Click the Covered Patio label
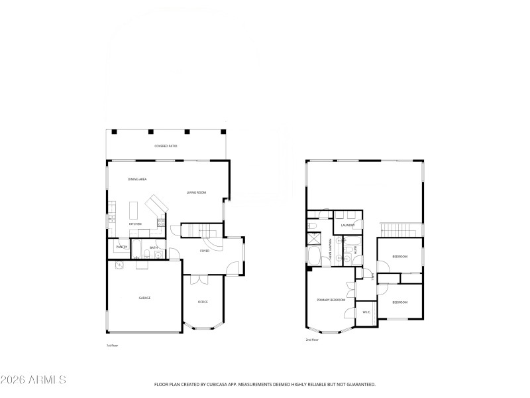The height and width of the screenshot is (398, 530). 166,146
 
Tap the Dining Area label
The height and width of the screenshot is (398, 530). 137,180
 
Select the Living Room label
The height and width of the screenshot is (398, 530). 196,192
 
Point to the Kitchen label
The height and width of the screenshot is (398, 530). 135,224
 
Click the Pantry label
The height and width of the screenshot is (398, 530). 121,247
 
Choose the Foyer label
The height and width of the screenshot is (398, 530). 205,251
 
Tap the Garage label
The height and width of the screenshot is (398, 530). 144,298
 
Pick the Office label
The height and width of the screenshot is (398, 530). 203,302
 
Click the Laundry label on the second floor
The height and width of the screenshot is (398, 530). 348,225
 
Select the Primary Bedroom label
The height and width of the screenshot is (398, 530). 331,300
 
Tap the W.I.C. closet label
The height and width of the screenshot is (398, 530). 366,312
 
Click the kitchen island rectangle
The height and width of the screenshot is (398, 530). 132,211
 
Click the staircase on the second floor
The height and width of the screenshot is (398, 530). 397,230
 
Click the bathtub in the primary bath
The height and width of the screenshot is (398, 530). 313,256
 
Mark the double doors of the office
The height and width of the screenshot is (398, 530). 196,280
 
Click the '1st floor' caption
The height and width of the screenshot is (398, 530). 112,346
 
